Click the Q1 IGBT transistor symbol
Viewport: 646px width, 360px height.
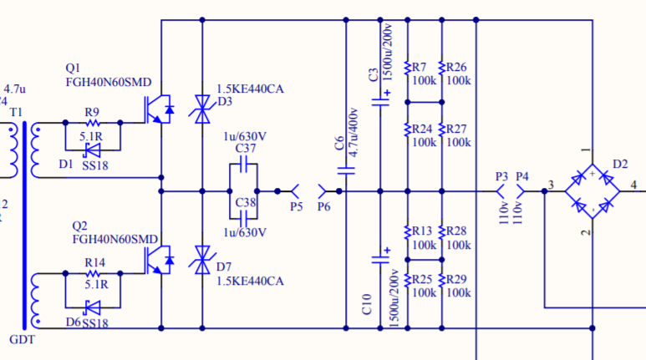[x=159, y=109]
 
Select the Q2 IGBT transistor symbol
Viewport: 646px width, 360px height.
[x=159, y=260]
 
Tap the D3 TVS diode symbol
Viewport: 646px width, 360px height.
[x=202, y=109]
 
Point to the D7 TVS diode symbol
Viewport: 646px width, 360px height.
[x=202, y=260]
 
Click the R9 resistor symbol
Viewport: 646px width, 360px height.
[x=93, y=123]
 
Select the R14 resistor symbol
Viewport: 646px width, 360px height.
[x=93, y=273]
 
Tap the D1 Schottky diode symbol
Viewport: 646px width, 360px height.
[x=92, y=150]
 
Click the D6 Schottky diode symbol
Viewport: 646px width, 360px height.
[x=92, y=307]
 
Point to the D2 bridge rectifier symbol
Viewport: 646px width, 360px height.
[x=592, y=191]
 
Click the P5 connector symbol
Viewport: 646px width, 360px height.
[x=295, y=191]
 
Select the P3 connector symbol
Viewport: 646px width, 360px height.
[x=500, y=191]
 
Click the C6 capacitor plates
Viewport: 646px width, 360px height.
[x=346, y=170]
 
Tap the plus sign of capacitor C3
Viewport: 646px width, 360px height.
[x=387, y=93]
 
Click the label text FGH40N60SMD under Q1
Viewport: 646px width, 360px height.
[x=109, y=83]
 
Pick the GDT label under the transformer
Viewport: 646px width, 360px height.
[x=23, y=340]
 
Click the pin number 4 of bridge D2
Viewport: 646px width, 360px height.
[x=633, y=185]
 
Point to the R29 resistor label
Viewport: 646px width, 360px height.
[x=456, y=279]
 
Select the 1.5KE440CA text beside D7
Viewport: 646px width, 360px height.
[x=250, y=281]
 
